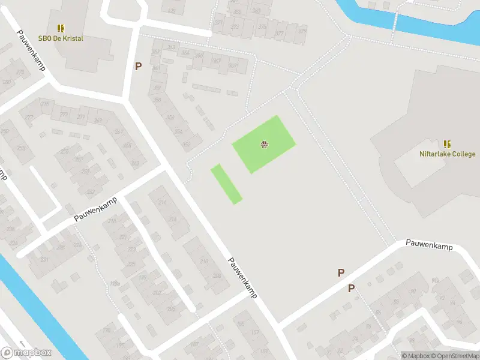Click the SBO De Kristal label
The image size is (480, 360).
click(61, 38)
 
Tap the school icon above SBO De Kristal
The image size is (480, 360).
click(61, 28)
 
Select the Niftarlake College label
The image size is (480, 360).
click(447, 154)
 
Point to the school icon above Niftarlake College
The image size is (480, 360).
click(447, 144)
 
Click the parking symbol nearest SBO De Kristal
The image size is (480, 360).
click(138, 66)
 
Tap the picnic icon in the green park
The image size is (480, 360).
click(263, 143)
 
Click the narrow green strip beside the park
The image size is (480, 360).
click(226, 184)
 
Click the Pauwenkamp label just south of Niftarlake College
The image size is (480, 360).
click(428, 245)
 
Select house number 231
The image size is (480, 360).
click(44, 259)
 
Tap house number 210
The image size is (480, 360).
click(204, 261)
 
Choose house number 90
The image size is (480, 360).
click(413, 292)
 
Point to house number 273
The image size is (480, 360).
click(235, 26)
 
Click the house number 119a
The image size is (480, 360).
click(115, 284)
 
